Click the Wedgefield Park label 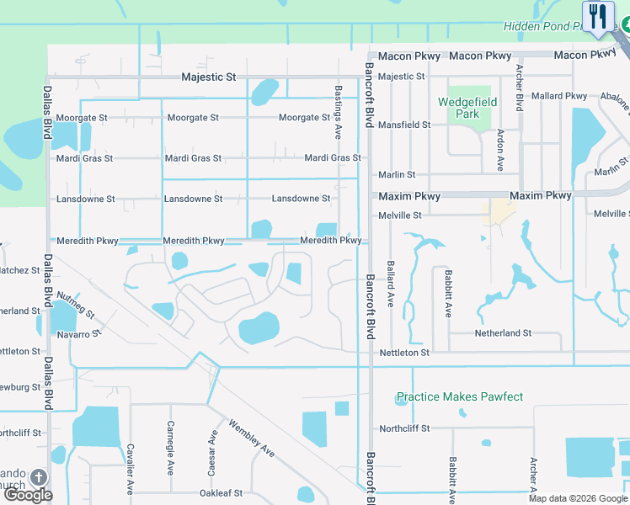pyautogui.click(x=467, y=108)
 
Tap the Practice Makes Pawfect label pyautogui.click(x=460, y=396)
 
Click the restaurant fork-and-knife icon pyautogui.click(x=598, y=16)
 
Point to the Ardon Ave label pyautogui.click(x=500, y=150)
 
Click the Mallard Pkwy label pyautogui.click(x=560, y=96)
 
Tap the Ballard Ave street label pyautogui.click(x=390, y=282)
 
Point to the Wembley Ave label pyautogui.click(x=251, y=439)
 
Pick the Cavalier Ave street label pyautogui.click(x=130, y=468)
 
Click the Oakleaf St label pyautogui.click(x=221, y=493)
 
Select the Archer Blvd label pyautogui.click(x=520, y=88)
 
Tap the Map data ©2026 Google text pyautogui.click(x=577, y=498)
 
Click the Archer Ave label pyautogui.click(x=533, y=476)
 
